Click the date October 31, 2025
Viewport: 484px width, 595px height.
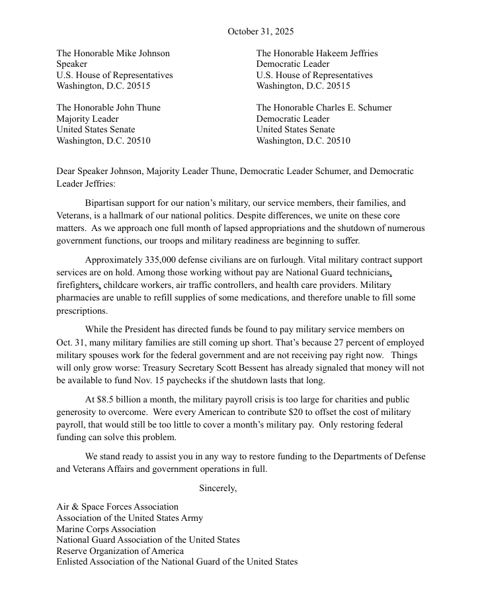(261, 31)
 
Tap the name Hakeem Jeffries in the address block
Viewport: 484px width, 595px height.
(349, 54)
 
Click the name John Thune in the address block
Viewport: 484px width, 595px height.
(137, 108)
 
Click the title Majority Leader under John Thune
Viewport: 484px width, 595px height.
(87, 119)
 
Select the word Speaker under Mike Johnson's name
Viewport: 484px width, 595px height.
(71, 64)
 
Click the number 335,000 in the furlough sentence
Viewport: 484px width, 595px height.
(163, 260)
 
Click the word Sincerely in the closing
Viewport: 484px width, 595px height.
(218, 488)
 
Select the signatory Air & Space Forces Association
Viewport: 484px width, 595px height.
(117, 507)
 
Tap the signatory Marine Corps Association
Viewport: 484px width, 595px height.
(106, 529)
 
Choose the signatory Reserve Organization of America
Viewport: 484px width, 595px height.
(120, 551)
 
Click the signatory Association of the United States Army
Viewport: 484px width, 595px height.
(129, 518)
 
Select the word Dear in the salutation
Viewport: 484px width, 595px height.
(67, 171)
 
